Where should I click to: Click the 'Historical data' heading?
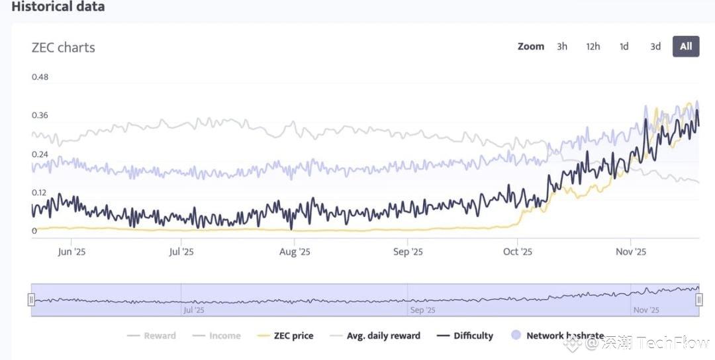[58, 7]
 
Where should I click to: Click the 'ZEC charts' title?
[64, 48]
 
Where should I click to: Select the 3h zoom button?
[562, 46]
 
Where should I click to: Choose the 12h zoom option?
[593, 46]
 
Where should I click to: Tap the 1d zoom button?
[624, 46]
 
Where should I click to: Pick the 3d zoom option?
[655, 46]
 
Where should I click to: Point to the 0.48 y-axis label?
[40, 77]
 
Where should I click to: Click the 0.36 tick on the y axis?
[40, 116]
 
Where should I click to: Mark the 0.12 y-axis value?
[40, 193]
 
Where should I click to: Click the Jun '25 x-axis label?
[72, 252]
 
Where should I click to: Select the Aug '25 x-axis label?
[295, 252]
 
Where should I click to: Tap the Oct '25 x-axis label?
[518, 252]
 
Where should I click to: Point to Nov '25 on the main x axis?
[631, 252]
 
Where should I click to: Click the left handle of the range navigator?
[31, 300]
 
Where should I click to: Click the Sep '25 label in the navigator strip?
[422, 310]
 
